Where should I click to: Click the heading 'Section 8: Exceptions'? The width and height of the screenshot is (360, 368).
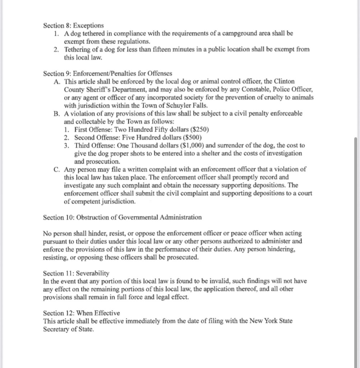pos(73,26)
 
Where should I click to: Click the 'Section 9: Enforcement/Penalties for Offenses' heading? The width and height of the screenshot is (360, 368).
pos(107,74)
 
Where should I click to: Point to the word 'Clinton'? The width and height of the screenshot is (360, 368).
pos(284,82)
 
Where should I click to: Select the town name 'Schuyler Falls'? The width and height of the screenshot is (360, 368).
pos(189,106)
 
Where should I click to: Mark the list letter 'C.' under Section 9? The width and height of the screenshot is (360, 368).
pos(57,169)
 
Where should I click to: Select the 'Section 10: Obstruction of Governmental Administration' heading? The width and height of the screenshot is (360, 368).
pos(122,217)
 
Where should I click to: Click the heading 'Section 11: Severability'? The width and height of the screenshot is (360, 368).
pos(76,273)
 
